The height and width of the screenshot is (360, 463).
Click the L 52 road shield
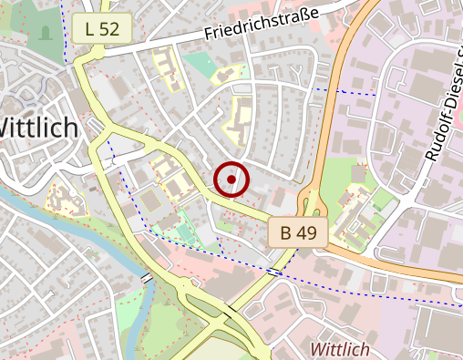(102, 29)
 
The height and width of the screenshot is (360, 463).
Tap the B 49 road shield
(298, 232)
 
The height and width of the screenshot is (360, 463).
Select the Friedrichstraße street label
(261, 24)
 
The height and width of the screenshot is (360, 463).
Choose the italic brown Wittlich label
(340, 349)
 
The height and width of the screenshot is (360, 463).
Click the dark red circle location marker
(232, 180)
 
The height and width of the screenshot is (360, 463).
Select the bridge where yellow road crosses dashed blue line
(274, 271)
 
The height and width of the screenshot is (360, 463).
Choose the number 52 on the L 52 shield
(109, 29)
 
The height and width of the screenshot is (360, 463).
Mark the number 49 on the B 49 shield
(306, 232)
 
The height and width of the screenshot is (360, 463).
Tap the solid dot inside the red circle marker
(232, 180)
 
